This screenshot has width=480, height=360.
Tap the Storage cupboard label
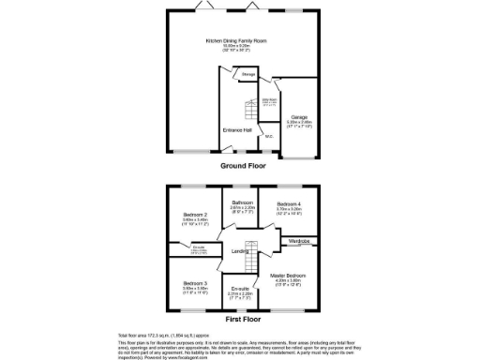248,73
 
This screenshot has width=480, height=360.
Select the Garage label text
299,117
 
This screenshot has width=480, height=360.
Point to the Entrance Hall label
235,130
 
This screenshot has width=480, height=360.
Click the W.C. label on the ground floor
269,138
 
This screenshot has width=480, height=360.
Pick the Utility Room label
269,101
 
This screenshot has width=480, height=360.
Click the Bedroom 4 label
289,204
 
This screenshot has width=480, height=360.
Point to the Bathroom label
244,203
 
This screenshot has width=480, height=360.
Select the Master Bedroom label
290,276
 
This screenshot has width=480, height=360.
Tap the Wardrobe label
300,241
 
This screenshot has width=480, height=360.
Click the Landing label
240,251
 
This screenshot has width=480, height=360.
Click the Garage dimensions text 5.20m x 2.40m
299,123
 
